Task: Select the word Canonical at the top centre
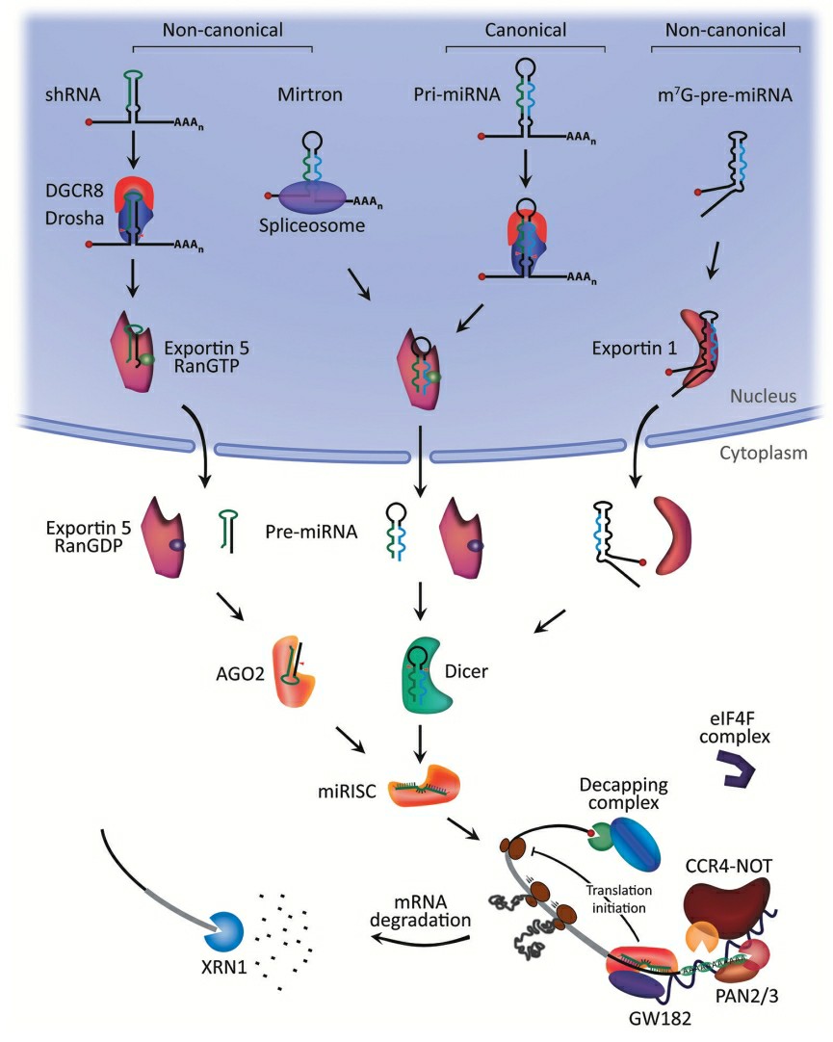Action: [x=525, y=30]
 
